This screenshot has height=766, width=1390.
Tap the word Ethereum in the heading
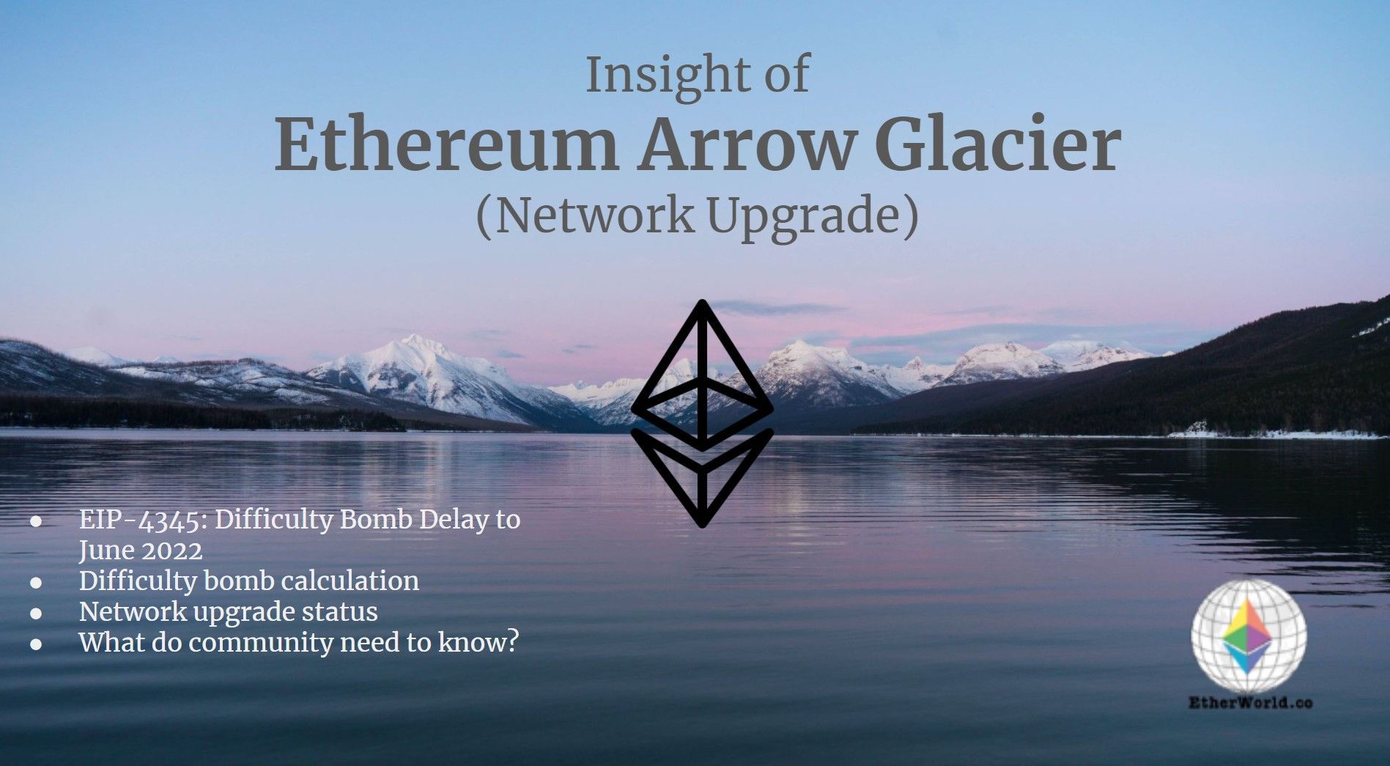(446, 146)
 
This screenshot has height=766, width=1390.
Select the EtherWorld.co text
(1250, 703)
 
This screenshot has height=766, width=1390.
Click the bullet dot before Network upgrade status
(36, 613)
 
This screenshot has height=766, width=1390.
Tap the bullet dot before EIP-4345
(36, 521)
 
